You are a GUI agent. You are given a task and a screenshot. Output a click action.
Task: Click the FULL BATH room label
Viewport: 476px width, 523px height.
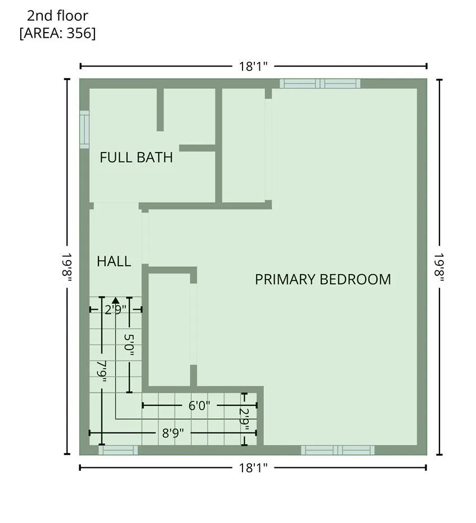point(136,158)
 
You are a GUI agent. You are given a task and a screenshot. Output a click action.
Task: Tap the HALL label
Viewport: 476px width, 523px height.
point(114,261)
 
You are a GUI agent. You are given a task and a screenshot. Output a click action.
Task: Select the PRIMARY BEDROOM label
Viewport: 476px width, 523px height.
point(323,279)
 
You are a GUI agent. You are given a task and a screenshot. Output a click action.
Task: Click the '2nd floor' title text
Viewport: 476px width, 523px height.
point(57,16)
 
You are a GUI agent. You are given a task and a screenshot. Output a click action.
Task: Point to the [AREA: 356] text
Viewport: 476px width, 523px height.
point(57,33)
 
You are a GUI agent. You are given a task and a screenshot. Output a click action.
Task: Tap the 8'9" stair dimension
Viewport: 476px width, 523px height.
point(173,433)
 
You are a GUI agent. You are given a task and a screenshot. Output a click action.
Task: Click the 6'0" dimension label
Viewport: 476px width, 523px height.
point(199,406)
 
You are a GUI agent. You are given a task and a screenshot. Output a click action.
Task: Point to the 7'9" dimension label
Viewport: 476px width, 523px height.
point(101,372)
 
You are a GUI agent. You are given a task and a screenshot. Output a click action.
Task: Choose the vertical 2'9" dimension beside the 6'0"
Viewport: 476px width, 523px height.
point(244,419)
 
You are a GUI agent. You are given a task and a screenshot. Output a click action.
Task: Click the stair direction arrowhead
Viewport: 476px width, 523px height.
point(115,301)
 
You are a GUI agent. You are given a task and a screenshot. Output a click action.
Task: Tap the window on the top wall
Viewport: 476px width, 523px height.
point(320,84)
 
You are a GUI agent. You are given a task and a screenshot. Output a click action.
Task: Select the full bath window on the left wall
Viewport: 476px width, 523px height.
point(84,129)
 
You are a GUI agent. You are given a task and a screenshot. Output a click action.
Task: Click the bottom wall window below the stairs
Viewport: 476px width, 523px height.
point(118,450)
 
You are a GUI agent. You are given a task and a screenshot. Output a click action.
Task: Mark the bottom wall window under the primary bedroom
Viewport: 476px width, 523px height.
point(338,450)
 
